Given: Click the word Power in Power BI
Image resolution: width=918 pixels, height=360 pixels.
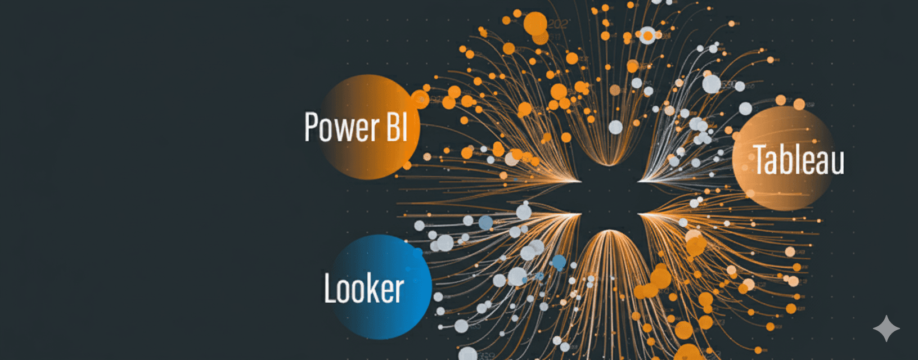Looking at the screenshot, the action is click(x=341, y=128).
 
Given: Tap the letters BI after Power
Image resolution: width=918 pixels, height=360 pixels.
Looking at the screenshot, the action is click(x=396, y=127).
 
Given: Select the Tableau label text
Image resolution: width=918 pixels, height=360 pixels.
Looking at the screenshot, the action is click(x=799, y=160).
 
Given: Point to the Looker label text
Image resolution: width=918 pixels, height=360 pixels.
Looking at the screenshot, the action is click(x=364, y=289).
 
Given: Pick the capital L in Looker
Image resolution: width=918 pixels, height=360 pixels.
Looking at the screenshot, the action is click(x=330, y=289).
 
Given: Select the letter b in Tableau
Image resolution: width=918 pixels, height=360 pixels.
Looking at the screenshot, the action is click(x=787, y=159).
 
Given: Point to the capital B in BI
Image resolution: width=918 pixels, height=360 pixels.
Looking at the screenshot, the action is click(x=392, y=127).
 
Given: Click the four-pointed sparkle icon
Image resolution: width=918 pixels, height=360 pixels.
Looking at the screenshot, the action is click(x=886, y=328).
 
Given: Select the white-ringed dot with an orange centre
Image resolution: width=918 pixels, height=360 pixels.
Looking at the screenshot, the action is click(x=648, y=36).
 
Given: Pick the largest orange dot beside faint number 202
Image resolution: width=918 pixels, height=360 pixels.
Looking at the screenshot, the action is click(x=535, y=24).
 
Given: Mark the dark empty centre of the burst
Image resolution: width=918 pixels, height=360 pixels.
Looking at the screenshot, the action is click(x=610, y=197).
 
